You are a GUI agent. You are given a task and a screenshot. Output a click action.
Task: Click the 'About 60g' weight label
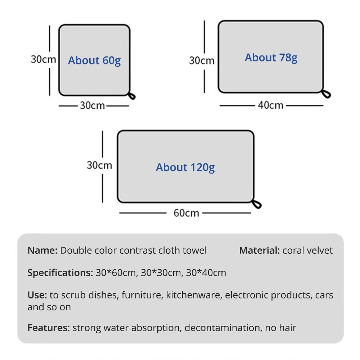tap(94, 60)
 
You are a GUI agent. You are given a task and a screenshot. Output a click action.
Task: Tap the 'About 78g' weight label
tap(271, 58)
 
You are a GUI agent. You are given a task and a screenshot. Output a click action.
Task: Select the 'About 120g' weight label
tap(185, 167)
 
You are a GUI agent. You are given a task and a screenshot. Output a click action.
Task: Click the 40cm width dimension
tap(271, 105)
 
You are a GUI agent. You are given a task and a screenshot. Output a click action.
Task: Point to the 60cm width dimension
tap(186, 213)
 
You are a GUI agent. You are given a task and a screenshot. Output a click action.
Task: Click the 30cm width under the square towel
tap(93, 105)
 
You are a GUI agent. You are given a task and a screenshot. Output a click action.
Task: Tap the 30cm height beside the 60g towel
tap(43, 59)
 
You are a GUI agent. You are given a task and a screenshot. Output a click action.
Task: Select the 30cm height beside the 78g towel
tap(202, 60)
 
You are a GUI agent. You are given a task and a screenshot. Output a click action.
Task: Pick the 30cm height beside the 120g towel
tap(99, 165)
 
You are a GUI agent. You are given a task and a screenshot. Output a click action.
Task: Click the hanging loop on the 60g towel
tap(132, 96)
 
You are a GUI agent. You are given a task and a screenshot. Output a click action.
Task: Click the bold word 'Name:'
tap(42, 251)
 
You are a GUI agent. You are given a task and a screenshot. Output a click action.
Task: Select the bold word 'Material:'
tap(259, 251)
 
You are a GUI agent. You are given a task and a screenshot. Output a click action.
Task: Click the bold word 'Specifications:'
tap(60, 273)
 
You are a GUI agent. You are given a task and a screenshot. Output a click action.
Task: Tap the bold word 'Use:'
tap(37, 295)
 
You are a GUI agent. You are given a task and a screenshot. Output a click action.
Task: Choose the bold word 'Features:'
tap(49, 328)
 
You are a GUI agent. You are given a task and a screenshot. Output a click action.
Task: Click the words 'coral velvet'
tap(308, 251)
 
